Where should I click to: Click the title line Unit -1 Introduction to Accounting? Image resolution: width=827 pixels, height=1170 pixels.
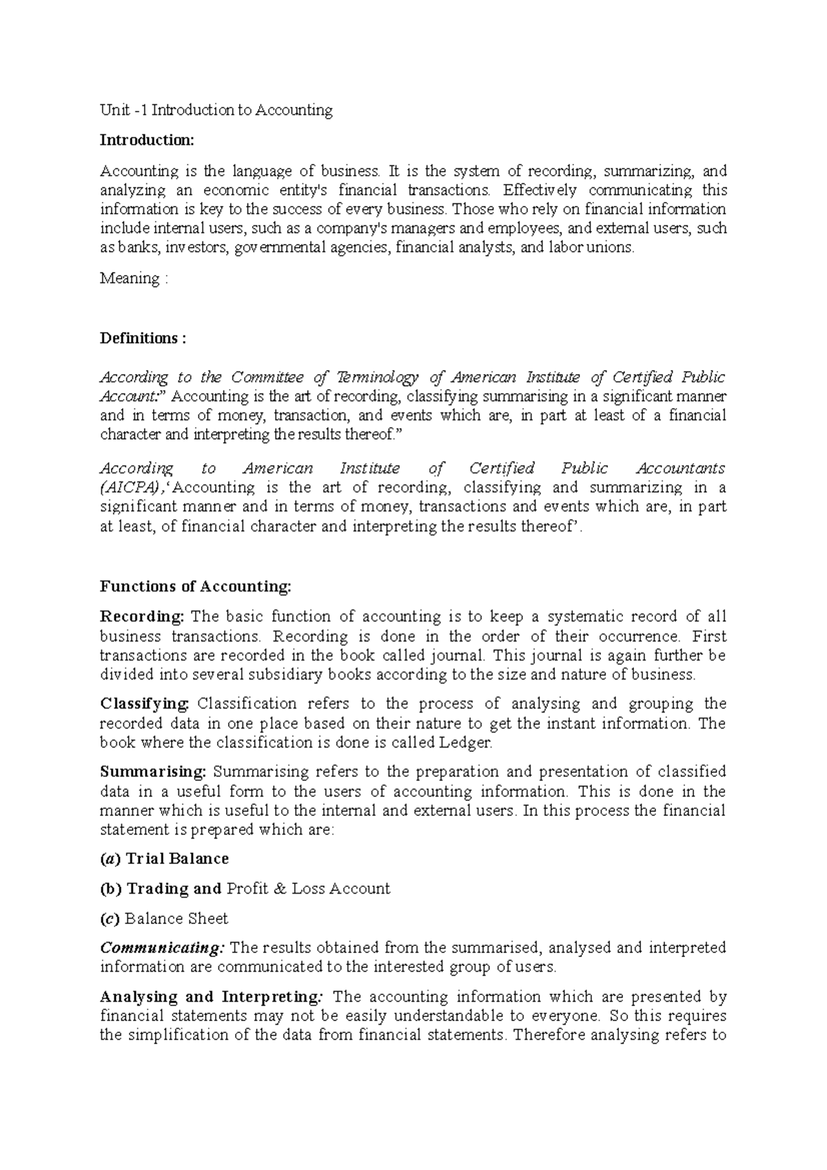tap(216, 110)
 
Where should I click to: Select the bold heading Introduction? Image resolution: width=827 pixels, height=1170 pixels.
tap(147, 141)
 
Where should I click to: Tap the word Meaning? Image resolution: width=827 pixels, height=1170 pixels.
tap(130, 278)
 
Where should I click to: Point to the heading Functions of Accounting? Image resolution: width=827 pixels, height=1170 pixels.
tap(196, 586)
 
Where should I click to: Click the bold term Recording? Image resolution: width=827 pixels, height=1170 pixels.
tap(142, 617)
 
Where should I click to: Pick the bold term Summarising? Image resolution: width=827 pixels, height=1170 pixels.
tap(153, 772)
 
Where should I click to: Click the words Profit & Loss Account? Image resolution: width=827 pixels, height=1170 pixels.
tap(308, 889)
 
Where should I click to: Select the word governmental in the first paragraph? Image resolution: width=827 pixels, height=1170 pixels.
tap(312, 248)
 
